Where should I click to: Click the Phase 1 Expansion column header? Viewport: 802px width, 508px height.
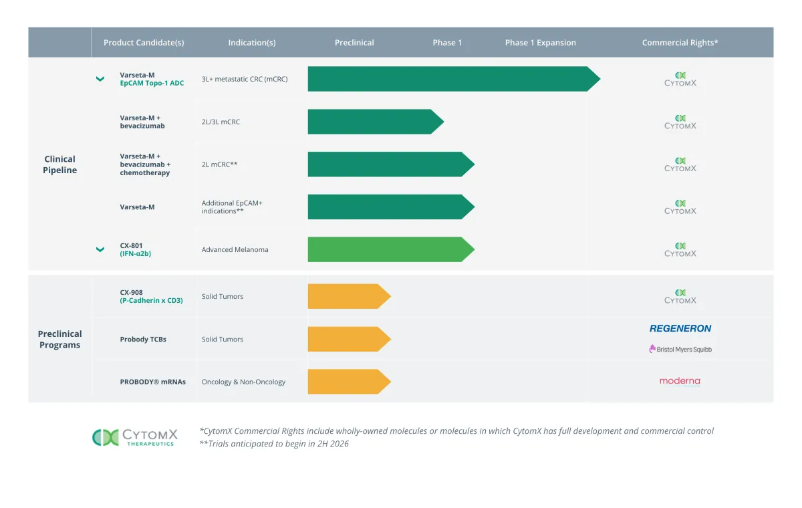[x=540, y=43]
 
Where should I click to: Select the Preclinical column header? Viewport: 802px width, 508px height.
[x=354, y=43]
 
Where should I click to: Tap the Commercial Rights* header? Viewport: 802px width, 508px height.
[x=680, y=43]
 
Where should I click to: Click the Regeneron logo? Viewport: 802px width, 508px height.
[x=680, y=328]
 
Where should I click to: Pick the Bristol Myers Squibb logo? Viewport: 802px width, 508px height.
[x=680, y=349]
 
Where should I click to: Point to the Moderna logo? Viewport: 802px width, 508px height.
[x=680, y=382]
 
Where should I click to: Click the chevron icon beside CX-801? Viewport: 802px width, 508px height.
[x=100, y=249]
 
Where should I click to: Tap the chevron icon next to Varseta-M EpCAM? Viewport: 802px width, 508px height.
[x=100, y=79]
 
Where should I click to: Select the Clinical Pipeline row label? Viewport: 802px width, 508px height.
[x=60, y=164]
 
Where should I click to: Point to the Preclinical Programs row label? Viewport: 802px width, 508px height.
[x=60, y=339]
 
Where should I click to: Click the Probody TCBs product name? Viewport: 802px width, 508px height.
[x=143, y=339]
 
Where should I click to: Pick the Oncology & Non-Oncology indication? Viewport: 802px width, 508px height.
[x=243, y=382]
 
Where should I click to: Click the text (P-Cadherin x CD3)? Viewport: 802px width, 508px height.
[x=151, y=300]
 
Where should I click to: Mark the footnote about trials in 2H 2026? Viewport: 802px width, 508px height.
[x=274, y=444]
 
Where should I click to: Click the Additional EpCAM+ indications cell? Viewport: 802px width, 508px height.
[x=232, y=207]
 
